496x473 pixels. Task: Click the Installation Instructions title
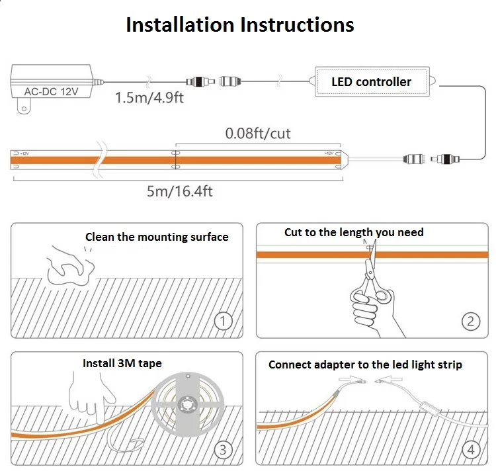(x=240, y=25)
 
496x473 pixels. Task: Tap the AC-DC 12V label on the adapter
(x=51, y=92)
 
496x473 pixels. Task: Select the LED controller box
(x=371, y=82)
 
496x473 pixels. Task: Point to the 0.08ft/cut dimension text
(x=258, y=134)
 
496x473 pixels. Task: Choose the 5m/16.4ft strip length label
(x=179, y=192)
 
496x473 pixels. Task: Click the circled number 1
(x=224, y=322)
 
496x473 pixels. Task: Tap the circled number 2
(x=470, y=322)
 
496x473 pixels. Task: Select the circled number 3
(x=224, y=450)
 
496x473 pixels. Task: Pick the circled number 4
(x=470, y=450)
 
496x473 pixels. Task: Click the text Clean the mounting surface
(x=157, y=237)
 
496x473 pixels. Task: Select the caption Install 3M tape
(x=122, y=363)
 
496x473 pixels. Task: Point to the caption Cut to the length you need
(x=354, y=232)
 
